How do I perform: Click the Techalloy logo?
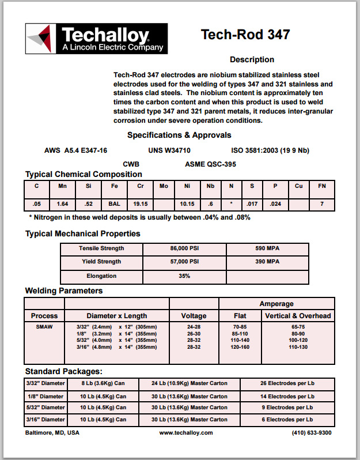[96, 39]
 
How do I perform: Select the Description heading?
[252, 59]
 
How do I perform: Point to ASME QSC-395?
[210, 164]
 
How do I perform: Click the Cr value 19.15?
[141, 203]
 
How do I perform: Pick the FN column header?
[322, 187]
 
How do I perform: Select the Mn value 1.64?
[63, 203]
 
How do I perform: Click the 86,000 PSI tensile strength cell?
[184, 248]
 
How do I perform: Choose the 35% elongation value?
[184, 276]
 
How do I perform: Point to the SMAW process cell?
[44, 326]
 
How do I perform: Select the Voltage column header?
[194, 316]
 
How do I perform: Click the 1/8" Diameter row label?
[46, 397]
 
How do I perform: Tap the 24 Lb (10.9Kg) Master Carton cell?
[190, 383]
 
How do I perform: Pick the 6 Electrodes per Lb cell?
[287, 419]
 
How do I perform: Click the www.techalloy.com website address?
[186, 432]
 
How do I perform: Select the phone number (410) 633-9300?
[312, 432]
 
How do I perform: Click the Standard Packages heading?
[63, 371]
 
